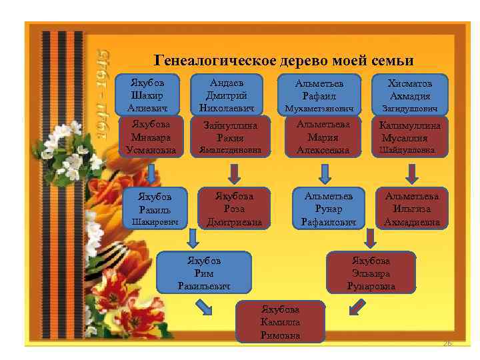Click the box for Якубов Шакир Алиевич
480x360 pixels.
[153, 94]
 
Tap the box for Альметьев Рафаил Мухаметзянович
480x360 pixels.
[320, 94]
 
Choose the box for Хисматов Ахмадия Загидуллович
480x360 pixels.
[410, 94]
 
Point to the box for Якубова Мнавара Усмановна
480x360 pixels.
[152, 137]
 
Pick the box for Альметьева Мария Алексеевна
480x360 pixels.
[323, 137]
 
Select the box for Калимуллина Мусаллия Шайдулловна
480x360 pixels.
[410, 137]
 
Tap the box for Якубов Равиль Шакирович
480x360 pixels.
[155, 208]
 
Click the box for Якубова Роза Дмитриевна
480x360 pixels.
[234, 208]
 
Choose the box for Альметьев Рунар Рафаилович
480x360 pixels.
[328, 208]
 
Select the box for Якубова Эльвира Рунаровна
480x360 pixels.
[371, 272]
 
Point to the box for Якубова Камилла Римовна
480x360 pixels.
[281, 322]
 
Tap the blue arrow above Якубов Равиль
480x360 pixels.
[153, 173]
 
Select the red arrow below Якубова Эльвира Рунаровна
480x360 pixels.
[358, 306]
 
